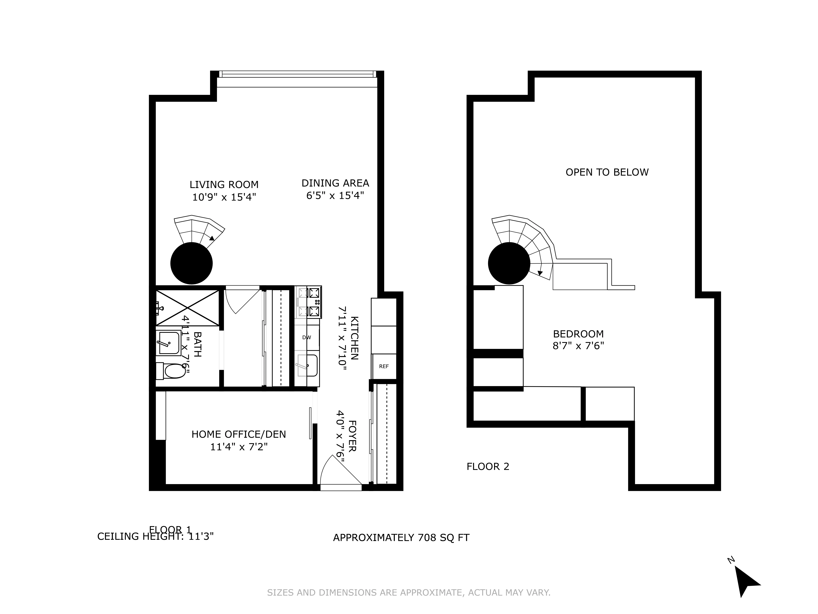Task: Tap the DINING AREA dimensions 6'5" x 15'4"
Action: pos(335,195)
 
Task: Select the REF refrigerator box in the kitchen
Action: pos(384,366)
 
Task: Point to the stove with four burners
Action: pos(308,302)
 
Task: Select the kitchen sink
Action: pos(307,365)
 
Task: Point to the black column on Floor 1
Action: pos(192,263)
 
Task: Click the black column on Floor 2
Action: pos(509,263)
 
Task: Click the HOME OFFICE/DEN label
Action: pos(239,434)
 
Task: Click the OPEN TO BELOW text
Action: pos(607,172)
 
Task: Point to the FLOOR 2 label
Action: pos(488,466)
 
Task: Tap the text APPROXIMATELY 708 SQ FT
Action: pos(401,537)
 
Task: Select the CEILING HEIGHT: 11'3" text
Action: pos(155,536)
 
